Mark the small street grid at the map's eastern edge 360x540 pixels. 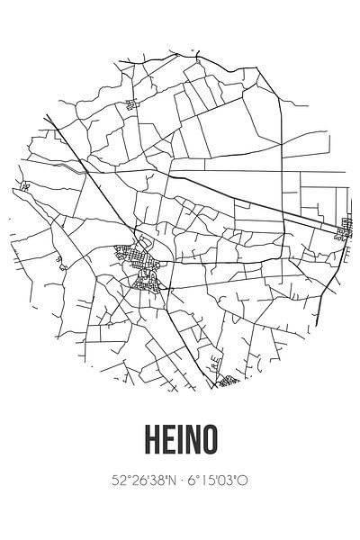tap(344, 232)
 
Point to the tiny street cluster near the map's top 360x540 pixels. tap(134, 105)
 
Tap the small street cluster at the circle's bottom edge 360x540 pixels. tap(226, 382)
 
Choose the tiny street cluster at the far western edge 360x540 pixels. tap(24, 186)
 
